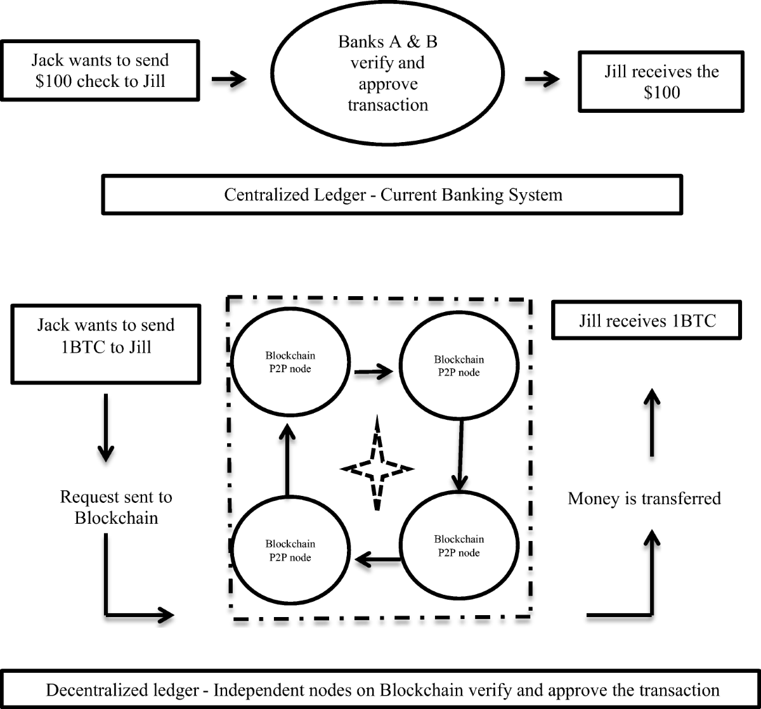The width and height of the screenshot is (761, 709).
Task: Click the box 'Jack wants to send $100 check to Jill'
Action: [101, 70]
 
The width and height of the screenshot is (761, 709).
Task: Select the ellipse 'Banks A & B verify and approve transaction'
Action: [387, 74]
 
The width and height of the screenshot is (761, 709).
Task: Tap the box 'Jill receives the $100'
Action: [661, 81]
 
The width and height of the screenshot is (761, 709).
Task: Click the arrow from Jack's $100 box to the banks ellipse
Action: [228, 79]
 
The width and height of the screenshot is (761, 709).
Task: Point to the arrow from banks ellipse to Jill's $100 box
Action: [542, 79]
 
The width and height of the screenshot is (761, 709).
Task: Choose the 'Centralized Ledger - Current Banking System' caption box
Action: [393, 195]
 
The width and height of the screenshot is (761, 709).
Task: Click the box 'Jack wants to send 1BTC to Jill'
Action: [105, 344]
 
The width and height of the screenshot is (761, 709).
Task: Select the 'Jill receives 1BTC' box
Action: [647, 320]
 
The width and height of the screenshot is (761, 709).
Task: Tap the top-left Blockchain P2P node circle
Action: [289, 362]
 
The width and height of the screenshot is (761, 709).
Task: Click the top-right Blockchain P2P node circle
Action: [459, 366]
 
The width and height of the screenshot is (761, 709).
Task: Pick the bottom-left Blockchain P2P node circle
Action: [289, 550]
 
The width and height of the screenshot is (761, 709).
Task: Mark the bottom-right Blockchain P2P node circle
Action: [459, 546]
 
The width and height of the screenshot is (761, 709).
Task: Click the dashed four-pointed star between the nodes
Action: [377, 464]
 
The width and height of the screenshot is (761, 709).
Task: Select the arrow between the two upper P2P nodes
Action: [374, 372]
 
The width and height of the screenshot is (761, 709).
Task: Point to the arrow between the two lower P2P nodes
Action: [377, 559]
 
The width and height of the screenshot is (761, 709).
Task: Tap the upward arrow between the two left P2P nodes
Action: [288, 460]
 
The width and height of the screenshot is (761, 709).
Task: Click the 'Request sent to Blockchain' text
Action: [116, 507]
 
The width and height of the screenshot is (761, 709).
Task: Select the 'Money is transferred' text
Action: [644, 498]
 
